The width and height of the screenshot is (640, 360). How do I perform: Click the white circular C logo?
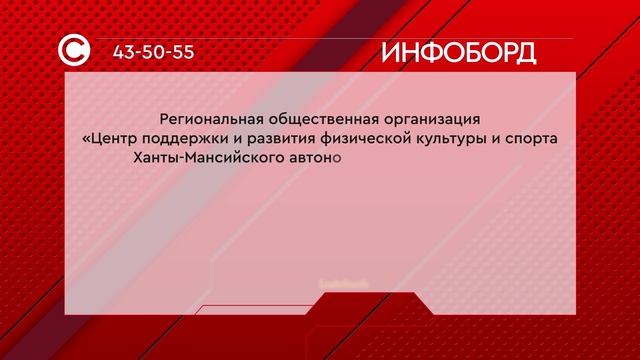tap(78, 51)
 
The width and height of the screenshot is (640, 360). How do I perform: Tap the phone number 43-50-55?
tap(152, 52)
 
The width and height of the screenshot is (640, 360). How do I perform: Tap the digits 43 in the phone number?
tap(126, 52)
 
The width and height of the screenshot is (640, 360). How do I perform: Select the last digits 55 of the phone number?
tap(180, 52)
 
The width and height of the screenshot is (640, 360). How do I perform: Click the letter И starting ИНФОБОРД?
tap(392, 52)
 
